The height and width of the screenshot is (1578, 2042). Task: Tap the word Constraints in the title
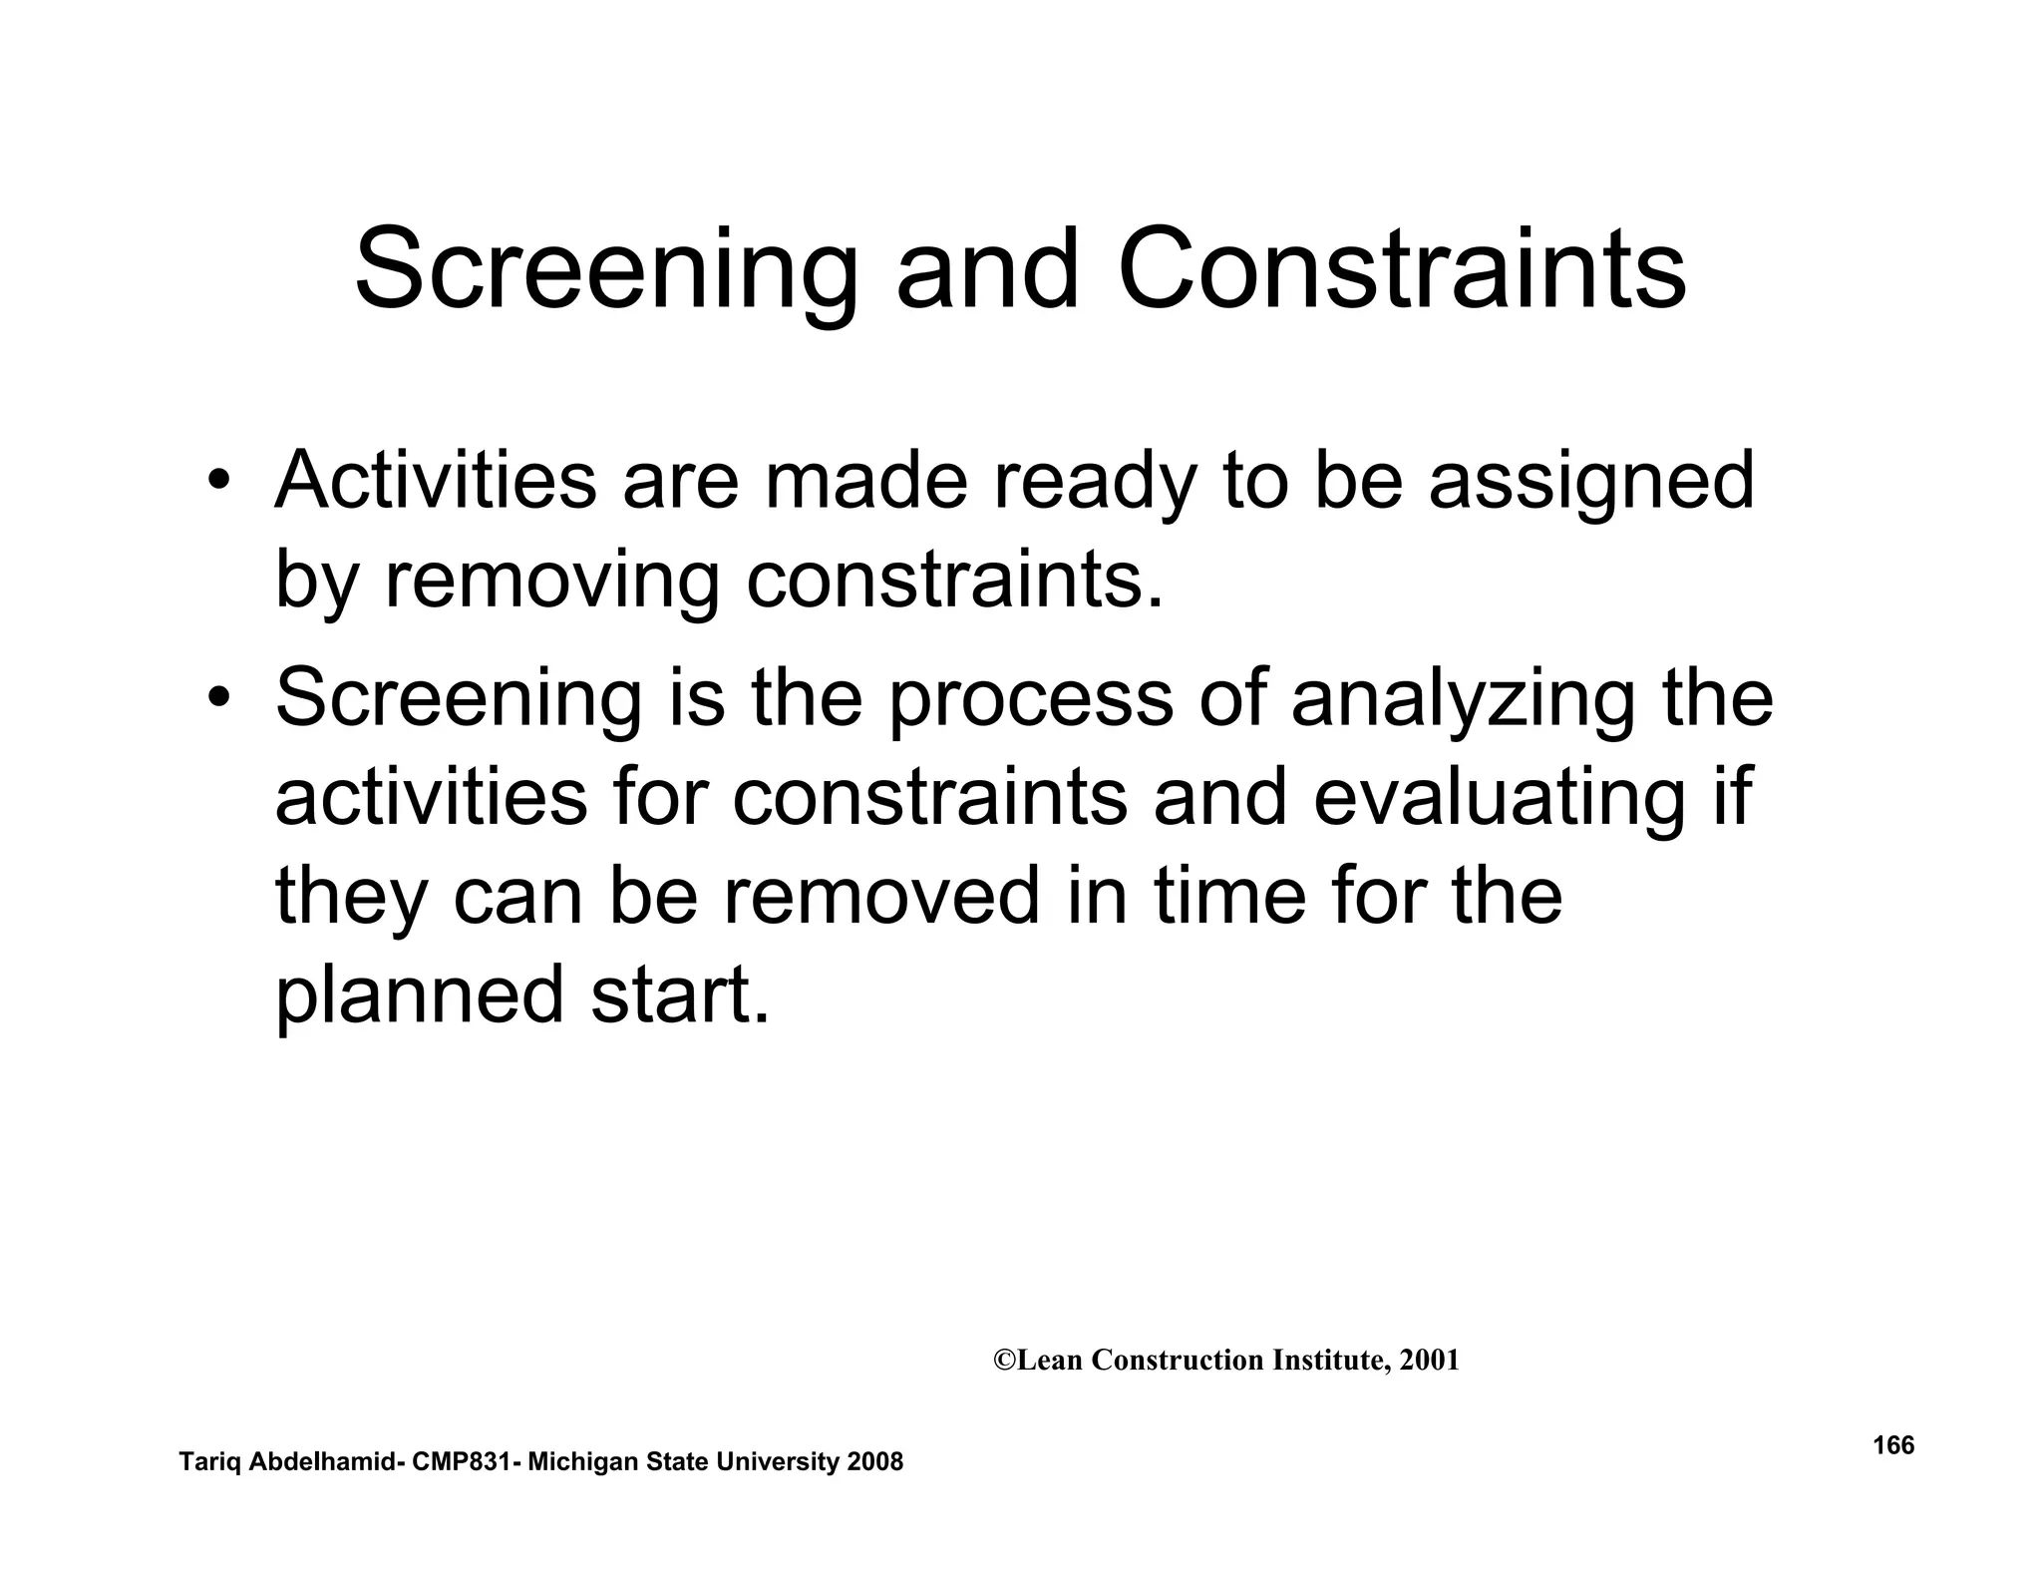pos(1401,269)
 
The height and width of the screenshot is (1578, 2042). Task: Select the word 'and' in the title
pos(987,269)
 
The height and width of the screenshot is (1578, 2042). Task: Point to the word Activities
pos(435,481)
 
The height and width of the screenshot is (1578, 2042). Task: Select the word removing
pos(551,583)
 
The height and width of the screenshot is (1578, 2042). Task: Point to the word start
pos(680,995)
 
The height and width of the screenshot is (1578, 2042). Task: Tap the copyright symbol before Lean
pos(1004,1361)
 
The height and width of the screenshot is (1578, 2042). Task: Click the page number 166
pos(1893,1445)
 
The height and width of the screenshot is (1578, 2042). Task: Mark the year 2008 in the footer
pos(874,1462)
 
